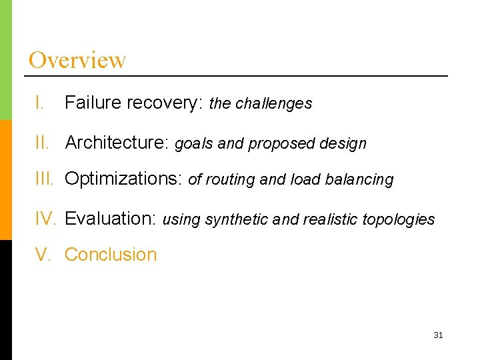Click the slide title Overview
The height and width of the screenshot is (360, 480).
[77, 60]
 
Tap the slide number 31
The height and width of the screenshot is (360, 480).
[438, 335]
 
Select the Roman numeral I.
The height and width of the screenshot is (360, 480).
[40, 103]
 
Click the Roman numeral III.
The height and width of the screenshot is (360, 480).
[46, 179]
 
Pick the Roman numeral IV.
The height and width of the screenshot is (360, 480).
[47, 219]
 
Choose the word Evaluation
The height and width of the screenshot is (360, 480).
[110, 219]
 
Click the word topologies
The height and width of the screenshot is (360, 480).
[398, 220]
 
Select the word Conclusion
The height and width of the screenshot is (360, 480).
[111, 255]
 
